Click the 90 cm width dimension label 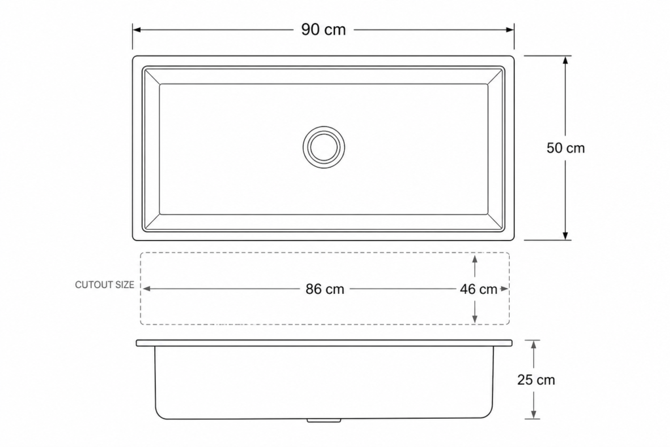click(x=323, y=29)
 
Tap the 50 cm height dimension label click(x=565, y=148)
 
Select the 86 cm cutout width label click(x=325, y=289)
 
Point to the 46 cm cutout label click(x=478, y=289)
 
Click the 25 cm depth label click(x=536, y=380)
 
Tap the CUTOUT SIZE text click(x=104, y=285)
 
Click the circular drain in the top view click(x=324, y=126)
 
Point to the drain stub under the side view click(x=324, y=421)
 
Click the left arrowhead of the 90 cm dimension click(x=137, y=29)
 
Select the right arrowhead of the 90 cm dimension click(x=510, y=29)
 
